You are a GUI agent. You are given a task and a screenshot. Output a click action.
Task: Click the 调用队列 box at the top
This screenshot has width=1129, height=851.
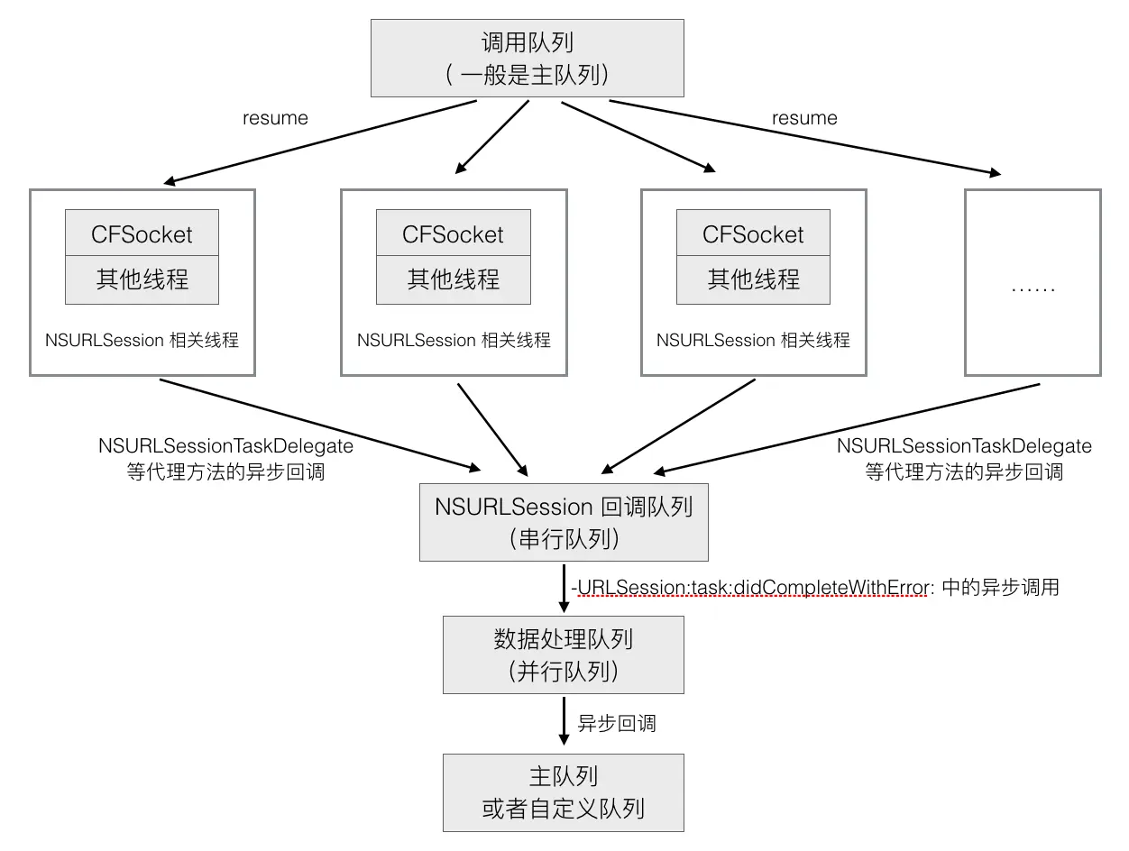click(x=528, y=58)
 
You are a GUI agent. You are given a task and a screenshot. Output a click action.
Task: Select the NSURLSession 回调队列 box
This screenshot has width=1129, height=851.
click(x=564, y=522)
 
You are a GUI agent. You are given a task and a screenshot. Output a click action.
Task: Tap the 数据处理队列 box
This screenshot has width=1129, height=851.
click(x=564, y=654)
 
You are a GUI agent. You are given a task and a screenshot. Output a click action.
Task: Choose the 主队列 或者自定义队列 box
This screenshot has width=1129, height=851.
click(x=564, y=792)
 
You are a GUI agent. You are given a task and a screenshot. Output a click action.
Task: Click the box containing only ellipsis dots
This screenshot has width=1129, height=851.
click(x=1033, y=282)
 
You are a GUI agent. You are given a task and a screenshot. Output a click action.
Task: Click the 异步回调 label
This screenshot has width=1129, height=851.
click(x=617, y=723)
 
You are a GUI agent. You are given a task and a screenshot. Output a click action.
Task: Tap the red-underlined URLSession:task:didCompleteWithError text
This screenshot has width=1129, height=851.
click(x=752, y=588)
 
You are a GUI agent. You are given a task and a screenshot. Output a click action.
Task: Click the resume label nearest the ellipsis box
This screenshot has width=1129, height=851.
click(x=804, y=118)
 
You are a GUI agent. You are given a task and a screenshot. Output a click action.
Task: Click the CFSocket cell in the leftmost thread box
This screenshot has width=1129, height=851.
click(x=142, y=234)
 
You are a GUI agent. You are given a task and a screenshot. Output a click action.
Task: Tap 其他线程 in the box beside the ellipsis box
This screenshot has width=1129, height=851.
click(x=753, y=279)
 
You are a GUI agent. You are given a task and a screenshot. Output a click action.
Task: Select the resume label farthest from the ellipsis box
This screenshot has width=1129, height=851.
click(x=275, y=118)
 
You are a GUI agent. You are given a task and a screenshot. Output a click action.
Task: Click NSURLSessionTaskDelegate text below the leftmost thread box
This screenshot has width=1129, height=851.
click(x=225, y=446)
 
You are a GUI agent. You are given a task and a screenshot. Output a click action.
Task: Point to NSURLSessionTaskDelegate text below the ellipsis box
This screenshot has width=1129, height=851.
click(x=964, y=446)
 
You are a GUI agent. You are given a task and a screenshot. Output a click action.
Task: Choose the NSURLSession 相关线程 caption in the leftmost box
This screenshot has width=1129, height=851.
click(x=142, y=341)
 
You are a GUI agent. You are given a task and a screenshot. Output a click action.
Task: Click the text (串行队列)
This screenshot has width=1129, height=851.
click(x=564, y=539)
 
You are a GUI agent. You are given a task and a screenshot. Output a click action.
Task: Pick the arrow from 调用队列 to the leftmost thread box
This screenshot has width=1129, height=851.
click(x=320, y=141)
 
